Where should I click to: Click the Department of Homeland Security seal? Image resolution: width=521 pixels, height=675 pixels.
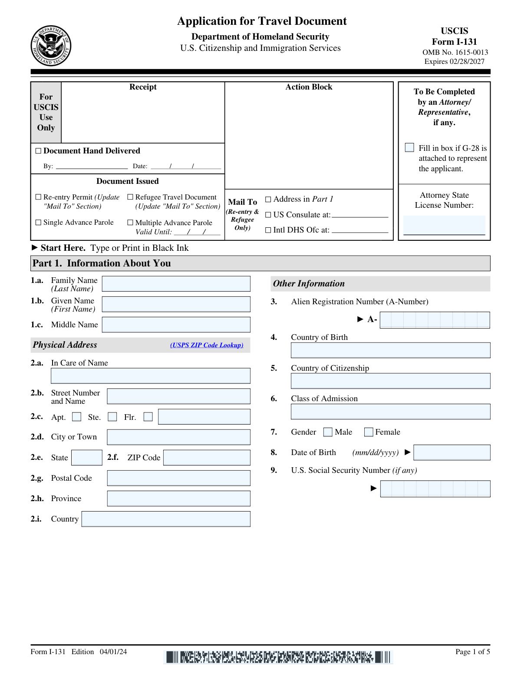(x=51, y=46)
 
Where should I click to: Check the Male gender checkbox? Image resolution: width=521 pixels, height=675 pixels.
(x=328, y=432)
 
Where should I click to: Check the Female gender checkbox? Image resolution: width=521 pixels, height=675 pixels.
(x=369, y=432)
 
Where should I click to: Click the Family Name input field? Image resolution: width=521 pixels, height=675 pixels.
(x=176, y=284)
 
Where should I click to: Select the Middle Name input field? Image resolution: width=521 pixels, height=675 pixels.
(x=176, y=325)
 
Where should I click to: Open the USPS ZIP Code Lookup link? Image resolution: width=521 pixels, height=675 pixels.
(x=207, y=345)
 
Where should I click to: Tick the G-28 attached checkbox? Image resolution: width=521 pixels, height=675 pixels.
(x=409, y=148)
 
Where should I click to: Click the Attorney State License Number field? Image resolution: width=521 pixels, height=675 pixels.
(x=444, y=225)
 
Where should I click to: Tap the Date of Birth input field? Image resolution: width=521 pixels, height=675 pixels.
(x=452, y=452)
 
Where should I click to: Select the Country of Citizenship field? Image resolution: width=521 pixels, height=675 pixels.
(x=390, y=381)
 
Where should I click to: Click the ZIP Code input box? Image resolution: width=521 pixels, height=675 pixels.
(x=207, y=458)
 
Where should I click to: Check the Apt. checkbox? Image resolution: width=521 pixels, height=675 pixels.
(x=77, y=417)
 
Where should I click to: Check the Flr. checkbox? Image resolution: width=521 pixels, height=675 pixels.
(x=148, y=417)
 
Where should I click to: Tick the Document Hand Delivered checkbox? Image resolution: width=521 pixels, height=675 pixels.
(x=38, y=151)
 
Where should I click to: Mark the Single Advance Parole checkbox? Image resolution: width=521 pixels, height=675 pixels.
(x=38, y=223)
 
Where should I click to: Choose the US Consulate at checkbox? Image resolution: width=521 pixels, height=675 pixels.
(x=268, y=215)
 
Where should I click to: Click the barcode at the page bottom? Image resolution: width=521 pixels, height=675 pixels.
(x=278, y=657)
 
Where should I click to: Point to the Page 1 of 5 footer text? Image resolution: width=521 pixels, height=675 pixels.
(x=472, y=652)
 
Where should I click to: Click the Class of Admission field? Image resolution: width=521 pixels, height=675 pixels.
(x=390, y=412)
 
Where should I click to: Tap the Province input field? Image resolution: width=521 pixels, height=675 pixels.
(x=178, y=499)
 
